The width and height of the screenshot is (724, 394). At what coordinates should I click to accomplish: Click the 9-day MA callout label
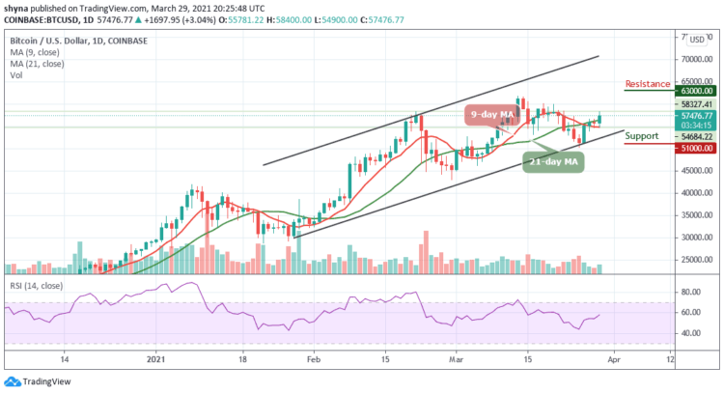(489, 115)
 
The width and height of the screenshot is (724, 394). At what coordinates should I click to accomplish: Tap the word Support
(643, 136)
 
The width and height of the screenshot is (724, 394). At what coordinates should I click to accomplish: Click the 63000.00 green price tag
(650, 96)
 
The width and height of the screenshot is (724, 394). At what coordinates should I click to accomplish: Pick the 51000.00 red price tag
(650, 148)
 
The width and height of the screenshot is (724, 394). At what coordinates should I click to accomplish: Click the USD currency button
(695, 40)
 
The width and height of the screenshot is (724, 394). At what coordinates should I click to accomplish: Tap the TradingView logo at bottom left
(37, 381)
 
